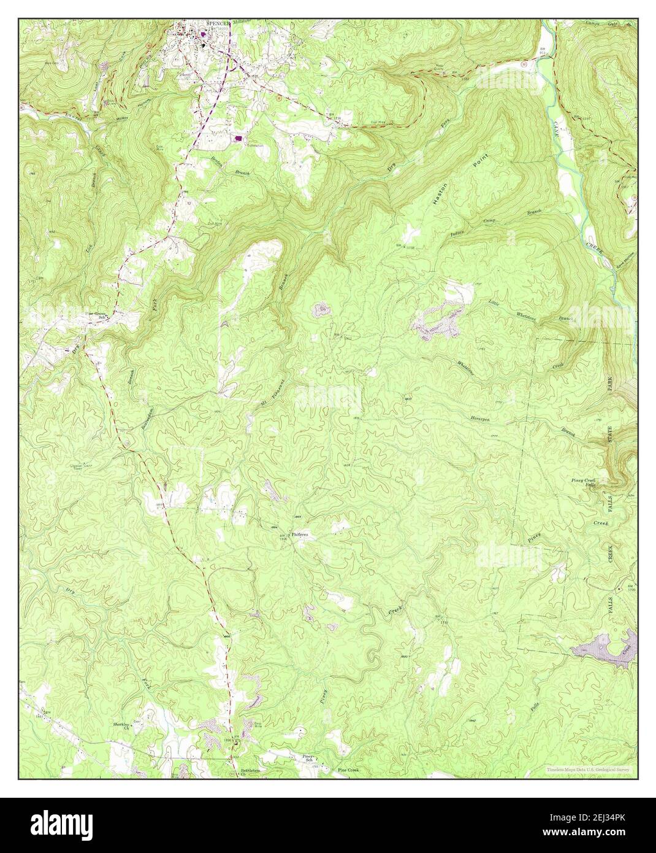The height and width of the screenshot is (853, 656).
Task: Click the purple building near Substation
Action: [x=238, y=138]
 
